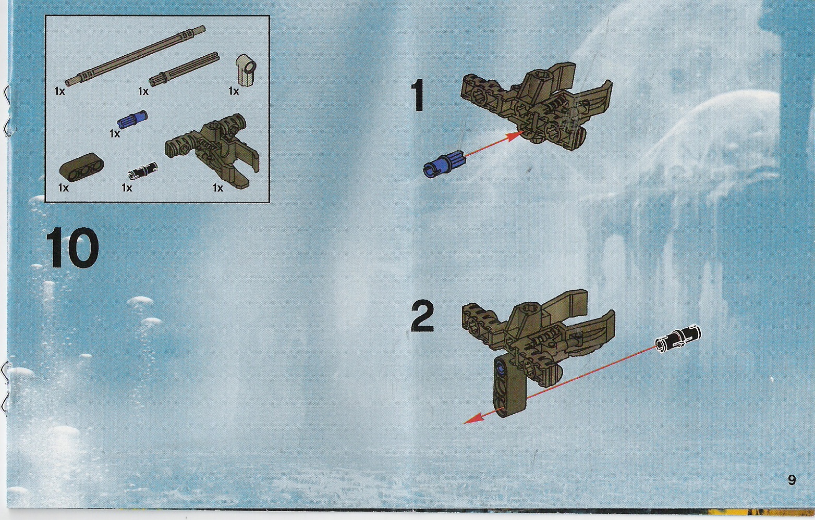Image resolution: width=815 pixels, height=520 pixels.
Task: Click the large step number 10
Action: (x=72, y=247)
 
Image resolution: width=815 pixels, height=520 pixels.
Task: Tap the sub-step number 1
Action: (x=418, y=96)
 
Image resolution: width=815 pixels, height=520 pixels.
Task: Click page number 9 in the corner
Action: (x=792, y=480)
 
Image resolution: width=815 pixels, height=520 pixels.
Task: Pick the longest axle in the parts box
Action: (x=135, y=55)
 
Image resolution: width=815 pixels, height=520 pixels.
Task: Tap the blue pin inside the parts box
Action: (x=132, y=120)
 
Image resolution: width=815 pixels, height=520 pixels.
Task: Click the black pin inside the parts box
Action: (x=142, y=169)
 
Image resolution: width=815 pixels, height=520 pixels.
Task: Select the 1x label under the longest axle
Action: (x=60, y=91)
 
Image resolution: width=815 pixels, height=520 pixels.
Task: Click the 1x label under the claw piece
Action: (x=218, y=188)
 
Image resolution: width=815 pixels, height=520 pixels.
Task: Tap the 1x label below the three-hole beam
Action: (x=63, y=188)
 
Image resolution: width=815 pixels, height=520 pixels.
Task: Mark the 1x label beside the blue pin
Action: (x=115, y=134)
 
